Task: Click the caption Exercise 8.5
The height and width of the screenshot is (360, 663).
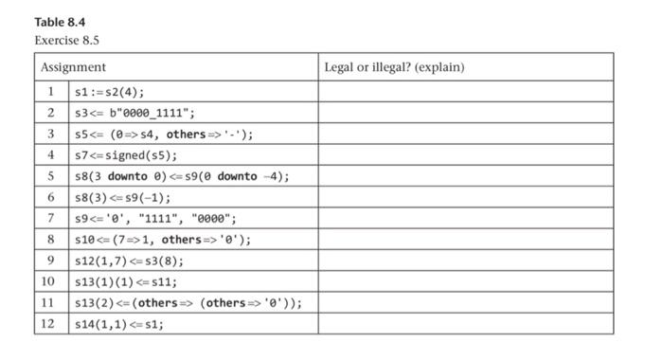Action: coord(66,40)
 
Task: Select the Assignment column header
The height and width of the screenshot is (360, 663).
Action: coord(73,67)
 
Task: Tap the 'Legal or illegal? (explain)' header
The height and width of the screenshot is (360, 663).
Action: coord(394,67)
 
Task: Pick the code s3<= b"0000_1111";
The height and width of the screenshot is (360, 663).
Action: coord(134,113)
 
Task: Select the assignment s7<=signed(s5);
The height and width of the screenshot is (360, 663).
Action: coord(126,155)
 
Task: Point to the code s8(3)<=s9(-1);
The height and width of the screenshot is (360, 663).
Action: coord(123,197)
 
